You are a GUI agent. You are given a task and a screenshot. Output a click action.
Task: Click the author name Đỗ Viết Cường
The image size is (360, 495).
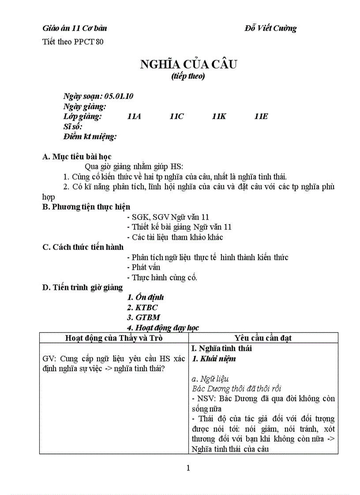(270, 29)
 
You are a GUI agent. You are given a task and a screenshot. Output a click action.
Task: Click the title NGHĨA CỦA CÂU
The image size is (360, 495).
(188, 64)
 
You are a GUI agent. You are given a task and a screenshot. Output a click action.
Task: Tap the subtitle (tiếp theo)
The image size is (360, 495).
(188, 76)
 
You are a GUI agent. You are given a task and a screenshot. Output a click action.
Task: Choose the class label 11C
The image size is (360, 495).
(176, 116)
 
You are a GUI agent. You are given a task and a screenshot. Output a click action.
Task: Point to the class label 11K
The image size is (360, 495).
(219, 116)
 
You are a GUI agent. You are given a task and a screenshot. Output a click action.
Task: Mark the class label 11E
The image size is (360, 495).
(261, 116)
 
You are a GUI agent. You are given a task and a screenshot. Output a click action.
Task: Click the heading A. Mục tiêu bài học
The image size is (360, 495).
(77, 156)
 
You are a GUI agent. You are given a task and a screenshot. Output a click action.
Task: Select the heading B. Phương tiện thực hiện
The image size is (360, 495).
(86, 206)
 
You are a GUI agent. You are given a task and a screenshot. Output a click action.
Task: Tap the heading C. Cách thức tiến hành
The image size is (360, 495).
(83, 247)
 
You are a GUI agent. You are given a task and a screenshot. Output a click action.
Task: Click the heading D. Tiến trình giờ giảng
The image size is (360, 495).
(82, 287)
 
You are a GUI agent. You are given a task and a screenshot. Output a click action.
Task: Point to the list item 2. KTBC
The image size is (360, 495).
(142, 308)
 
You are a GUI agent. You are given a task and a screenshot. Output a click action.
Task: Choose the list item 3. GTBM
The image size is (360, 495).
(143, 317)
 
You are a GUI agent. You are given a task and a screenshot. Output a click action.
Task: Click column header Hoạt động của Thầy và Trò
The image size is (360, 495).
(114, 338)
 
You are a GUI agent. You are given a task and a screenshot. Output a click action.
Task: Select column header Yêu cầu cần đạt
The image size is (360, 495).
(263, 338)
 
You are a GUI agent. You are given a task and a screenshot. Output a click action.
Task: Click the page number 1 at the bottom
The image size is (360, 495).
(188, 468)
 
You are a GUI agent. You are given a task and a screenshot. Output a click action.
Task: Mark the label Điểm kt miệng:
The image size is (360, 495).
(90, 137)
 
